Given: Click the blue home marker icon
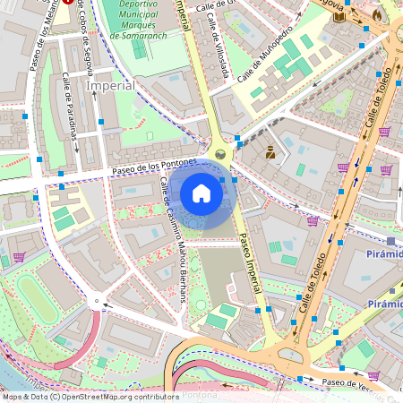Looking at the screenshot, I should point(201,193).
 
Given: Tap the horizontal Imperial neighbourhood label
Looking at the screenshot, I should point(111,86).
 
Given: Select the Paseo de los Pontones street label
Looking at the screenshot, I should point(154,167).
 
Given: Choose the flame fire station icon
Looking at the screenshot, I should point(377,14).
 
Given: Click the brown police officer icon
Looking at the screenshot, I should point(268,152).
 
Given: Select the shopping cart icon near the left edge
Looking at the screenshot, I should point(19,257).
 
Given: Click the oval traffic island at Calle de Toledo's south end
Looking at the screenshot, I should point(292,356).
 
